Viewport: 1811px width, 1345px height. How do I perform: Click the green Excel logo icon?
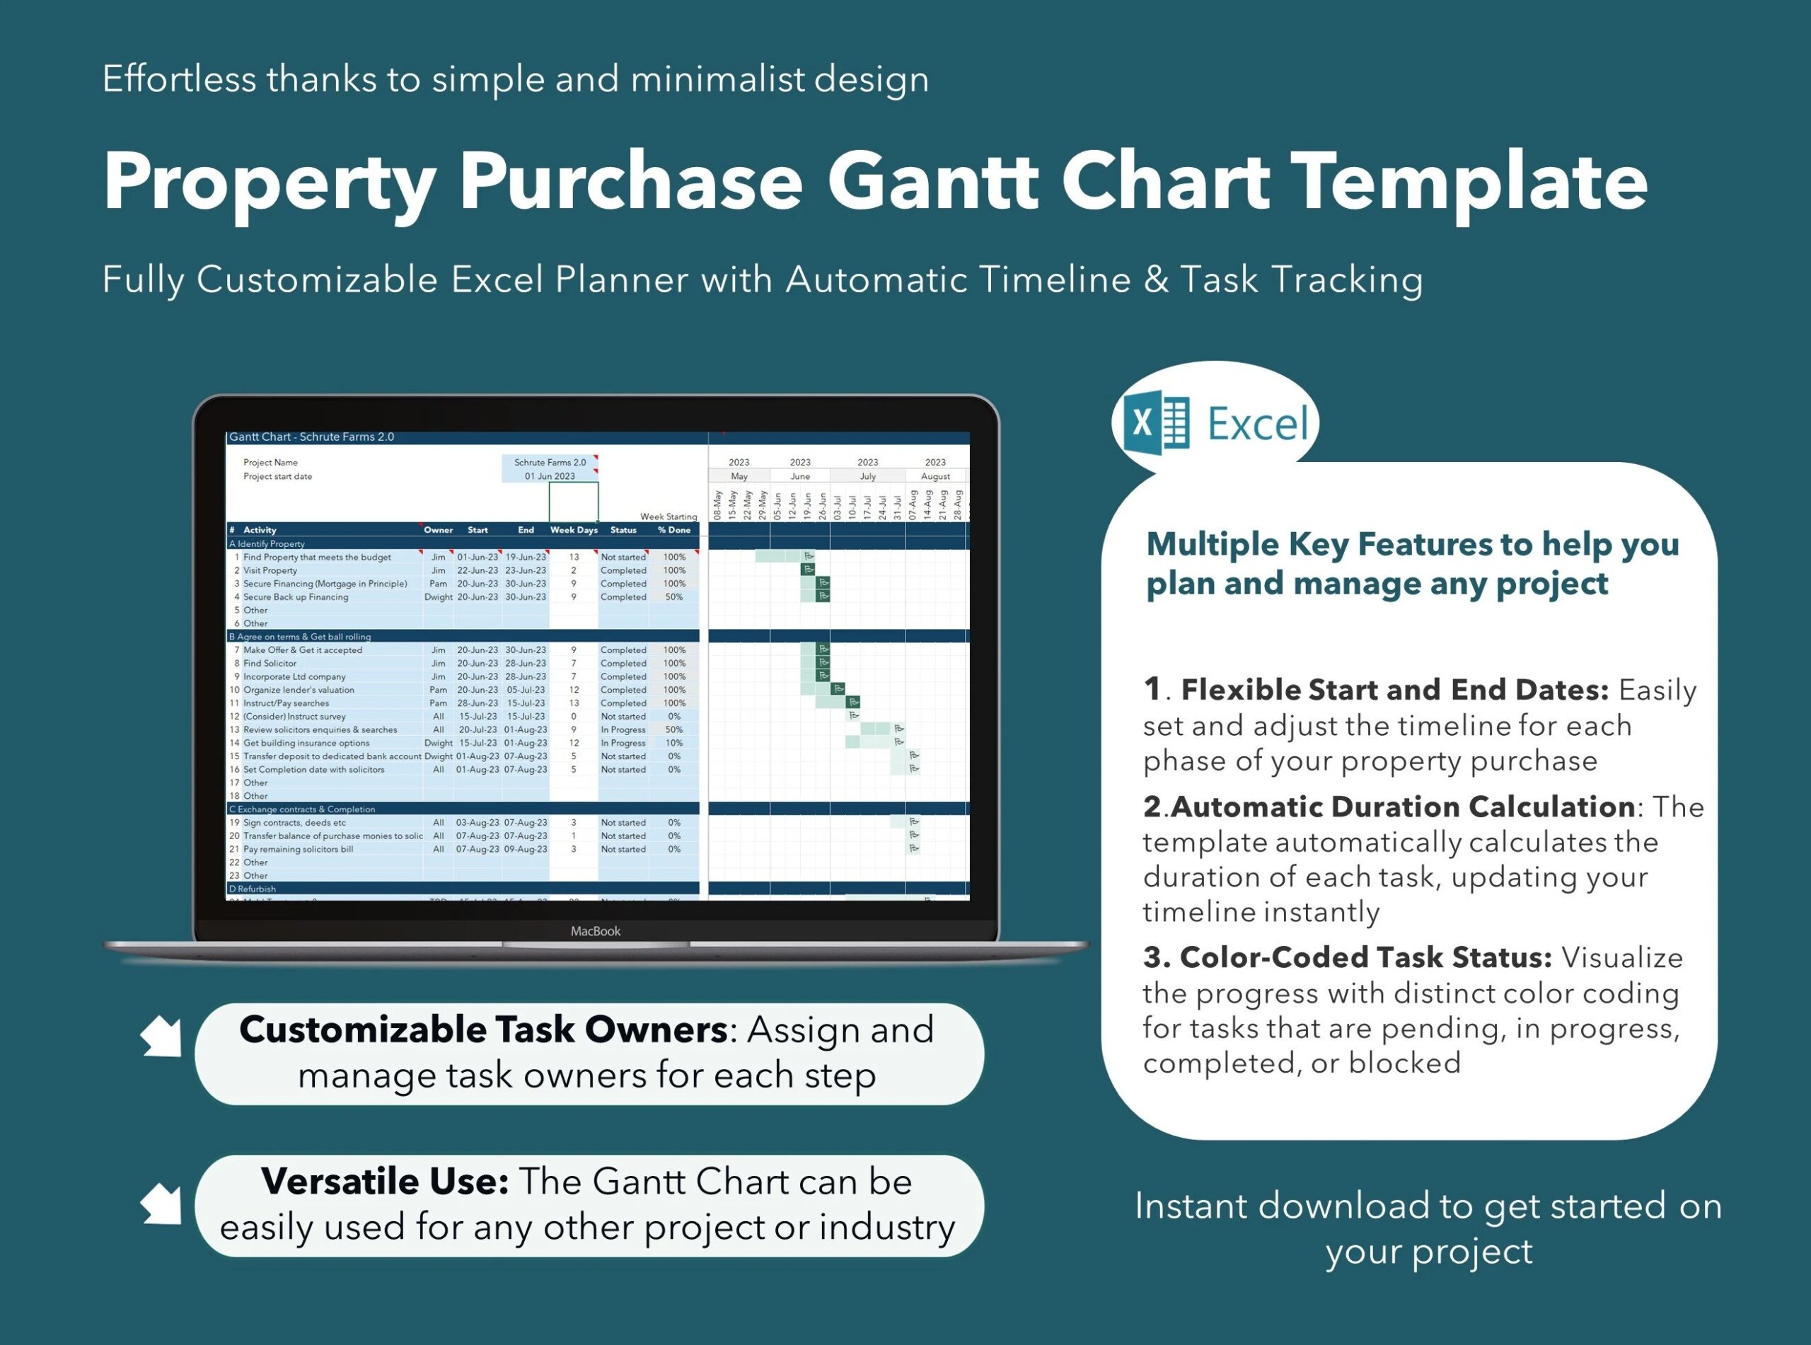click(x=1156, y=422)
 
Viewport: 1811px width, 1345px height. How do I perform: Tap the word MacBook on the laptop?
click(x=595, y=930)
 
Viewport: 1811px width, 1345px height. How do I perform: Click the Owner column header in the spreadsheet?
click(x=438, y=530)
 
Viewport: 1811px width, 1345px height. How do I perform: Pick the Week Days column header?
click(x=573, y=530)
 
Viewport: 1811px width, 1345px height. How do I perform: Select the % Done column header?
click(x=674, y=530)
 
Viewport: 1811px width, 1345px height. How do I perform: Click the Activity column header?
click(x=260, y=530)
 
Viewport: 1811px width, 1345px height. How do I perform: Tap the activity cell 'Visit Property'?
click(x=270, y=571)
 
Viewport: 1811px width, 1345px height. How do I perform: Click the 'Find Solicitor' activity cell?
click(x=270, y=664)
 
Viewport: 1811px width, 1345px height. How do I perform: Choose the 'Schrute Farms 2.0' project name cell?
click(x=550, y=463)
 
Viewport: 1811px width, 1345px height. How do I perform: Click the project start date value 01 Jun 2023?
click(x=550, y=476)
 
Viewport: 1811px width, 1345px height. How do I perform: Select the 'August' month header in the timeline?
click(x=935, y=476)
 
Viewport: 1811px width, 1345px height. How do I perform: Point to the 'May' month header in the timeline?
click(x=739, y=476)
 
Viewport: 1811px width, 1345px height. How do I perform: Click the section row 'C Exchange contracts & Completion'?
click(x=302, y=809)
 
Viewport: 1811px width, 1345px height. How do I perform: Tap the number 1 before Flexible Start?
click(x=1152, y=689)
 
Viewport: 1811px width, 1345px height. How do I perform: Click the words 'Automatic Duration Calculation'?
click(x=1402, y=807)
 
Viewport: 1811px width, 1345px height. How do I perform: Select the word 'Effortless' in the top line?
click(x=179, y=79)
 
